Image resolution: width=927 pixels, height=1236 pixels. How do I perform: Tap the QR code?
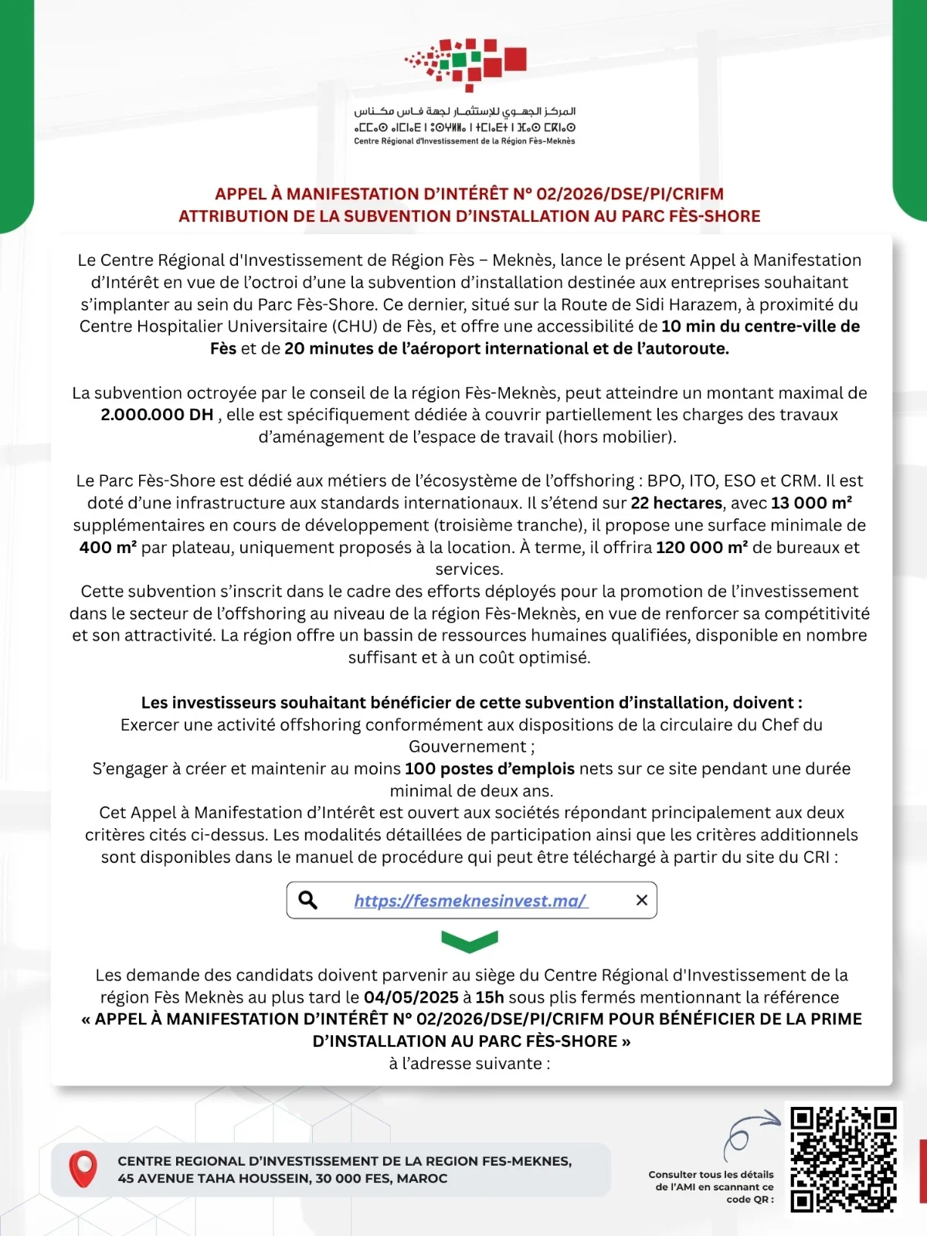(843, 1160)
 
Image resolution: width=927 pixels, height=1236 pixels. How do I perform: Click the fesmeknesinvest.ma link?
(470, 900)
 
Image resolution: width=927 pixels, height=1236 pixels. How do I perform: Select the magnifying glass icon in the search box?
(307, 900)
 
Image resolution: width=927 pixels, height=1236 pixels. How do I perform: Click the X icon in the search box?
(641, 900)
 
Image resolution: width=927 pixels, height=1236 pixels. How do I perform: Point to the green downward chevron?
(470, 941)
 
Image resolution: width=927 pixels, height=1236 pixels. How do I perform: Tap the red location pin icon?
(83, 1169)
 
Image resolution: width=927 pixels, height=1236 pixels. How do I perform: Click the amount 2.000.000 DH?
(157, 415)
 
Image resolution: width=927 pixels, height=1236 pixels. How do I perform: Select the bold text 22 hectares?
(677, 503)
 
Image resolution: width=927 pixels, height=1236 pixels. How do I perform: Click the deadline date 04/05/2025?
(411, 997)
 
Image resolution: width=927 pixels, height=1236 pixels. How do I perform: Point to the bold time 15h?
(490, 997)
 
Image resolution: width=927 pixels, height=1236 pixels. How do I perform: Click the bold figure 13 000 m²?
(811, 503)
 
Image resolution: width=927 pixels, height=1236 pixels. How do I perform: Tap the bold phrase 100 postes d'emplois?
(490, 769)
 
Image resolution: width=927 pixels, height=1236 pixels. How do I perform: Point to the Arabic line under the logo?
(464, 112)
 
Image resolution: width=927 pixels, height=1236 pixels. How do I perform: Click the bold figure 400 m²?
(108, 548)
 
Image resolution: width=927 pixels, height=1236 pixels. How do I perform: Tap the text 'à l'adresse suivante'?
(470, 1064)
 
